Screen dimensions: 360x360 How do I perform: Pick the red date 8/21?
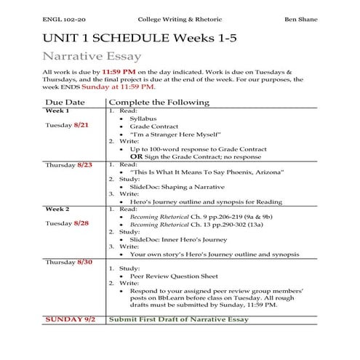tap(85, 125)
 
